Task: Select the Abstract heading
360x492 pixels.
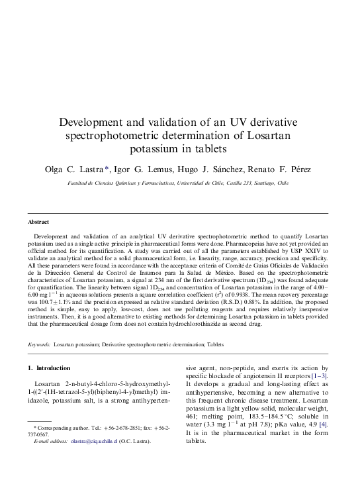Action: pyautogui.click(x=38, y=222)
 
